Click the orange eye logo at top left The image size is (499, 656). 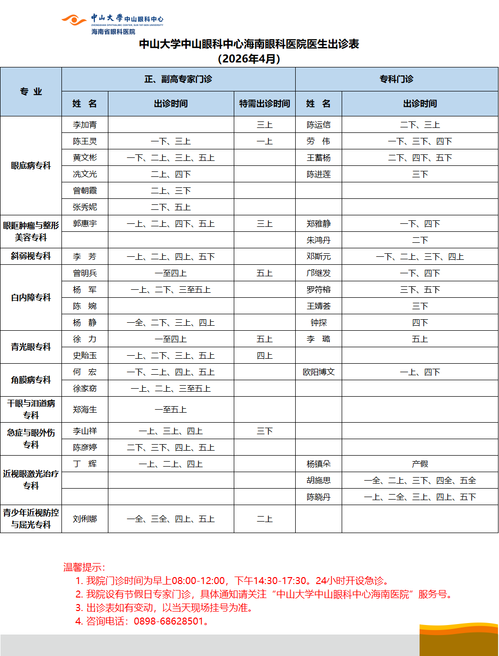click(74, 20)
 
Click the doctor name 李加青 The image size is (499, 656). click(85, 125)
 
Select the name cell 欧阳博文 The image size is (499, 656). click(319, 372)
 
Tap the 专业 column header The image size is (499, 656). click(31, 91)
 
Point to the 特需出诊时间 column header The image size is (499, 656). click(264, 104)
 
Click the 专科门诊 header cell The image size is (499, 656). click(397, 79)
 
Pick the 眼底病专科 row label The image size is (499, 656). click(31, 166)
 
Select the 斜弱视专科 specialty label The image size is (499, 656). click(31, 256)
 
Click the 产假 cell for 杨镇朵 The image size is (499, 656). click(420, 464)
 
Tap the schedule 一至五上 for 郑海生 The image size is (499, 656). click(171, 410)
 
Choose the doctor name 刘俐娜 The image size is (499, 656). click(85, 519)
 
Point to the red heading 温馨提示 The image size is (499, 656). click(84, 567)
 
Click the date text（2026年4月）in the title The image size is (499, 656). click(249, 58)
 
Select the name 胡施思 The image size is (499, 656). click(319, 481)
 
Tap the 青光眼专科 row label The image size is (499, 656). click(31, 347)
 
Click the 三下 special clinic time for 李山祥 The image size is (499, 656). click(264, 431)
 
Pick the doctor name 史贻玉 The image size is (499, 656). click(85, 356)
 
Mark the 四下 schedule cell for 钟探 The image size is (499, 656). click(420, 323)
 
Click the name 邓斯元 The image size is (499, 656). click(319, 257)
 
